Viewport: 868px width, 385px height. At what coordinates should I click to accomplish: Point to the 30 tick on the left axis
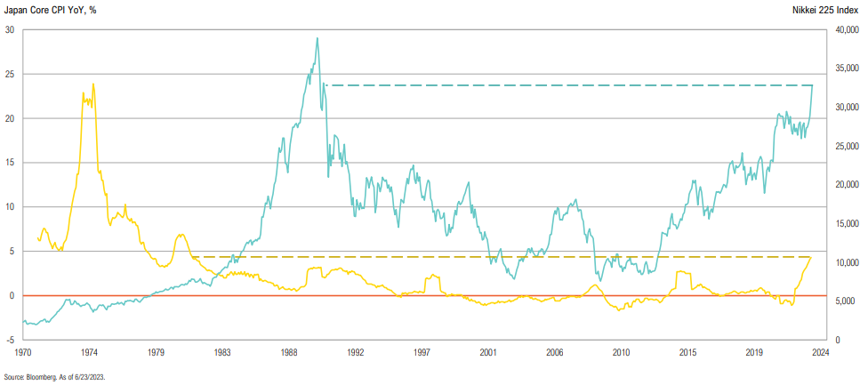[10, 29]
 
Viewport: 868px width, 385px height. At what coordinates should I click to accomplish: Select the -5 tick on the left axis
[10, 340]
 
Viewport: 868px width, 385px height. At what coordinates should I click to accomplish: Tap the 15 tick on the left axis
[10, 163]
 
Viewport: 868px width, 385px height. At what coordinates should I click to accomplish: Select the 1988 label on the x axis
[289, 353]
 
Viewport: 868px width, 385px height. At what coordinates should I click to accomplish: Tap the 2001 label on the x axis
[488, 353]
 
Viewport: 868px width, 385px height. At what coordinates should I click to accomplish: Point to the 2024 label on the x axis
[820, 353]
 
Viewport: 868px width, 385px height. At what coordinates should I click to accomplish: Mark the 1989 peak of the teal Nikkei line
[317, 38]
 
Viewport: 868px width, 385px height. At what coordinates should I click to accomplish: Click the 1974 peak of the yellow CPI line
[92, 84]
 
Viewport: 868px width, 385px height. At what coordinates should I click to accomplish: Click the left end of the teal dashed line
[325, 85]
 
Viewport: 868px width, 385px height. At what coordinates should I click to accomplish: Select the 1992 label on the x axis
[356, 353]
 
